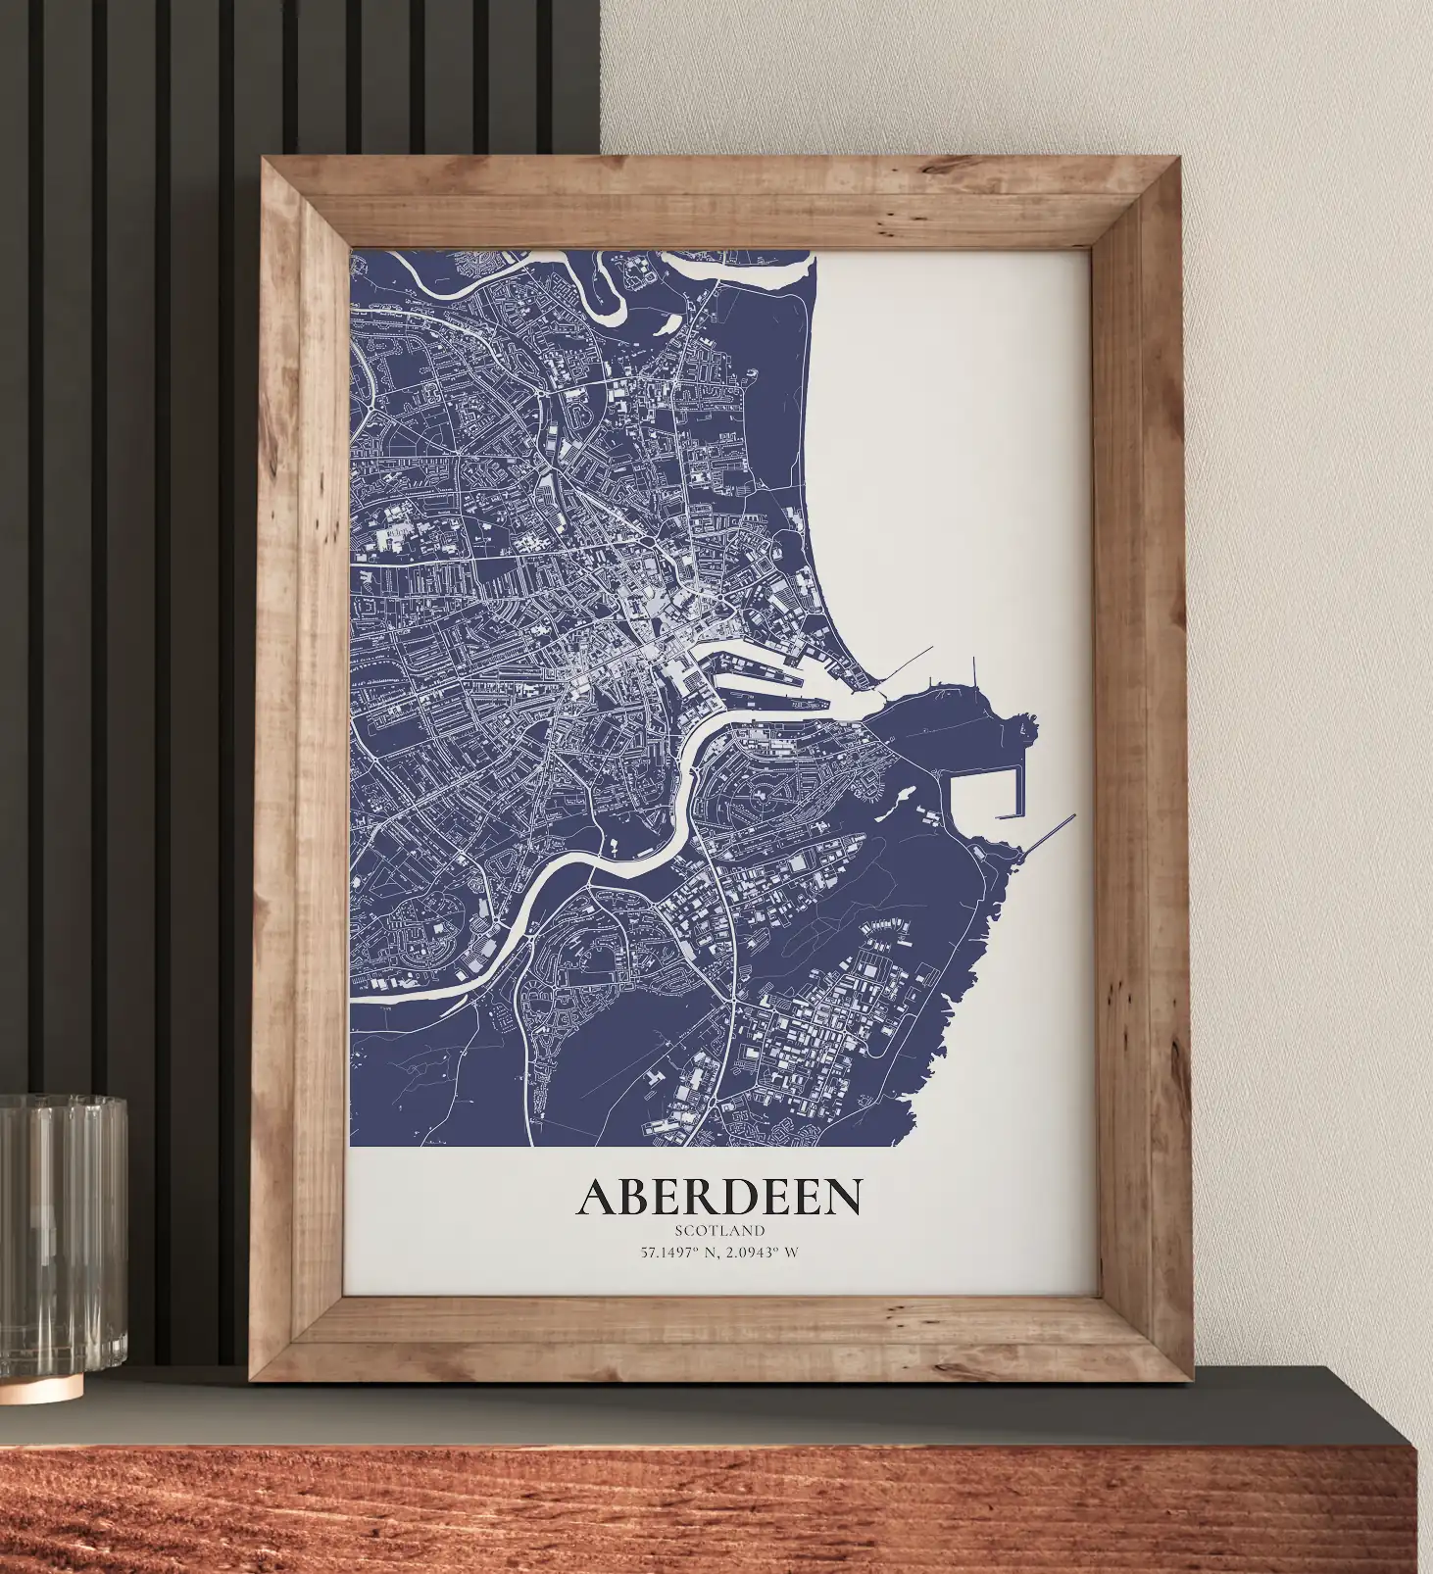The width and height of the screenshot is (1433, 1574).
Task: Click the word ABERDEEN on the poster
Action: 719,1197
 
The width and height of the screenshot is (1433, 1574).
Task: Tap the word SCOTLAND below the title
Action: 719,1230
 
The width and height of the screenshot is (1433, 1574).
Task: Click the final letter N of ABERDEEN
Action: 843,1197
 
